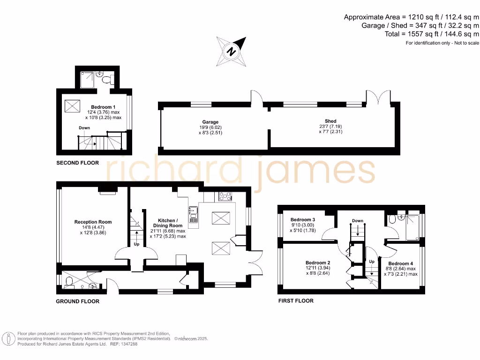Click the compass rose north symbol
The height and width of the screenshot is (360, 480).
click(231, 51)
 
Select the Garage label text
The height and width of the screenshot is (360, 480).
click(210, 122)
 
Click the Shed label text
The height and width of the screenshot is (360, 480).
click(330, 121)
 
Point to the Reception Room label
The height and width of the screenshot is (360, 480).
click(93, 222)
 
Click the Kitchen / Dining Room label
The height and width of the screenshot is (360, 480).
click(167, 223)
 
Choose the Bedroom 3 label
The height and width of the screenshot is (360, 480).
click(303, 220)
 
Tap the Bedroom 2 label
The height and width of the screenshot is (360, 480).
click(318, 263)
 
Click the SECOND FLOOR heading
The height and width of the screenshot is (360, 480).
click(77, 163)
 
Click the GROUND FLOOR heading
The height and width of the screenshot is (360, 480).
click(77, 301)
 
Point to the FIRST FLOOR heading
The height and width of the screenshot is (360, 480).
click(296, 300)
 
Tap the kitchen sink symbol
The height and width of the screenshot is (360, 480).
click(193, 214)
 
